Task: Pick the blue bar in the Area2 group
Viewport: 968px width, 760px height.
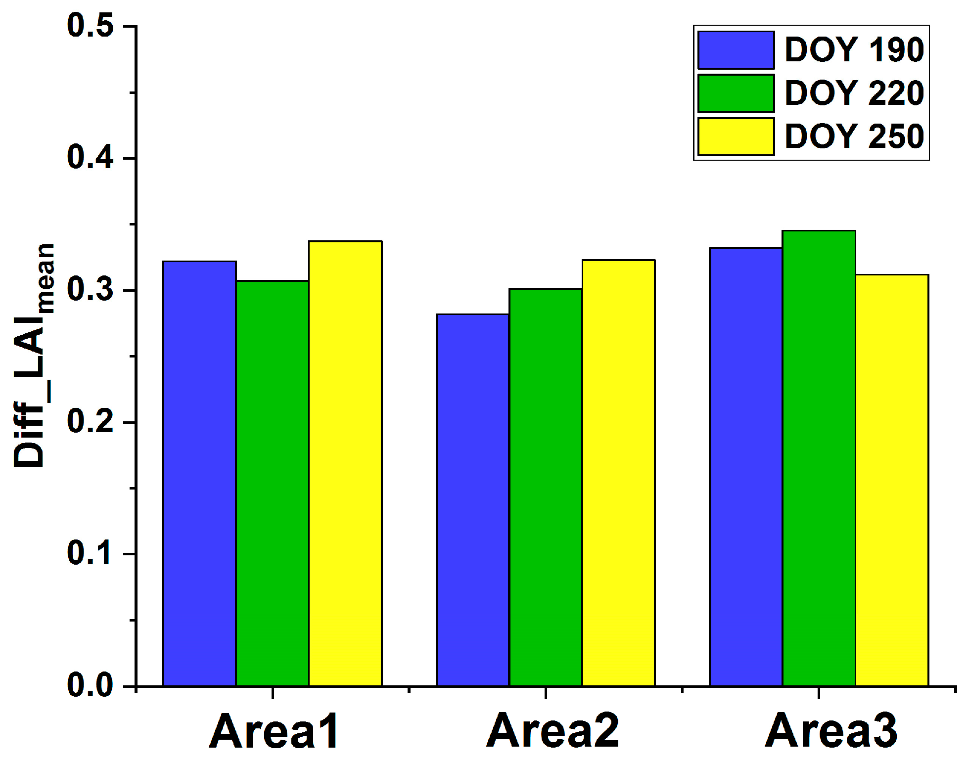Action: pyautogui.click(x=472, y=500)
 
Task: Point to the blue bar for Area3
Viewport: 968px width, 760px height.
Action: pyautogui.click(x=746, y=467)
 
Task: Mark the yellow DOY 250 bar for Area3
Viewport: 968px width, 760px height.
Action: pyautogui.click(x=892, y=480)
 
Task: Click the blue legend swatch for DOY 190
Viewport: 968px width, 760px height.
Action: pyautogui.click(x=736, y=50)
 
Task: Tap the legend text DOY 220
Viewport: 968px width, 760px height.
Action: pyautogui.click(x=854, y=93)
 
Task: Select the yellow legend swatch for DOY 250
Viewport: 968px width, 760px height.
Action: pyautogui.click(x=736, y=136)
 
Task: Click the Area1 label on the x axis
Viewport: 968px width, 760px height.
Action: pyautogui.click(x=274, y=731)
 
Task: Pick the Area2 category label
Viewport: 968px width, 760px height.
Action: pyautogui.click(x=553, y=731)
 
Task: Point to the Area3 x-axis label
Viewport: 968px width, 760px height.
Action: pyautogui.click(x=830, y=731)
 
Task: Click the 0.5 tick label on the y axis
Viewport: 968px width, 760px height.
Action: pyautogui.click(x=90, y=26)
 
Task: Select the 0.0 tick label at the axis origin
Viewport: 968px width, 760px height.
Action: pyautogui.click(x=90, y=686)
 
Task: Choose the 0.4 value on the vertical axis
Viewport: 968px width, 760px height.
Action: pyautogui.click(x=90, y=158)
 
